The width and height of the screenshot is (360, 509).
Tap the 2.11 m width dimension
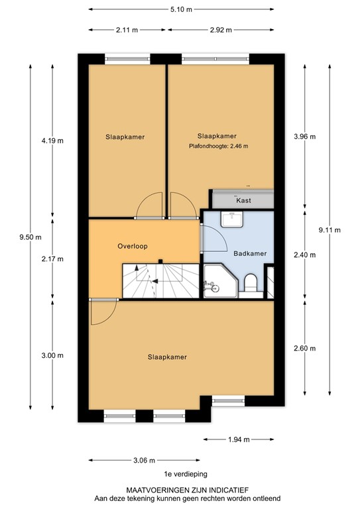click(127, 30)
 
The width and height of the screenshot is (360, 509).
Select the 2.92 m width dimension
click(219, 30)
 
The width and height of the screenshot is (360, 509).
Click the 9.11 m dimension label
click(329, 230)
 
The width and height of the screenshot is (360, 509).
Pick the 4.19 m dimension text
click(52, 140)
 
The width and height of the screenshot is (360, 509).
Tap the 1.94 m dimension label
click(237, 439)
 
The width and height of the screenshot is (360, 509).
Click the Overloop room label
click(132, 245)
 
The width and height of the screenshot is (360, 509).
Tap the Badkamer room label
click(249, 253)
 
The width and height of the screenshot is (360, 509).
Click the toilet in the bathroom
click(251, 283)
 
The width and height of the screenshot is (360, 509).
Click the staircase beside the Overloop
click(159, 280)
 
